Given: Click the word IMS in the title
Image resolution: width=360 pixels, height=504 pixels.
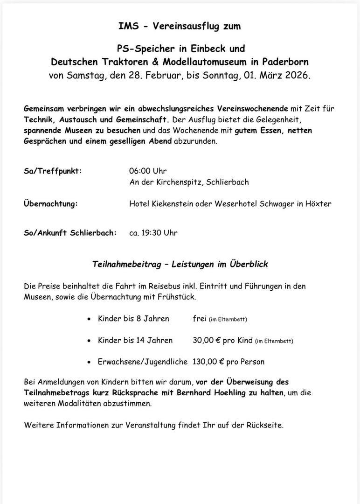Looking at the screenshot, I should click(129, 27).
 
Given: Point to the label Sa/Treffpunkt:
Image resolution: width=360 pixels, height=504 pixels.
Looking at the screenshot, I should click(53, 171).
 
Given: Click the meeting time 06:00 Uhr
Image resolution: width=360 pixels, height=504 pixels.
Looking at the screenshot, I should click(148, 171).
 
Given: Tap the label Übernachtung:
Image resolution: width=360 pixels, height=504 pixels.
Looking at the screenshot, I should click(51, 204).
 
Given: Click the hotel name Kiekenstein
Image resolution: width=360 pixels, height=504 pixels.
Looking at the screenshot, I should click(177, 204).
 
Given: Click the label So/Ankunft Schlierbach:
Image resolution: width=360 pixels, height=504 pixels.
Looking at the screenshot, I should click(70, 233).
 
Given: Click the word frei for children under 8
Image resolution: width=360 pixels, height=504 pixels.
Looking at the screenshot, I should click(200, 319).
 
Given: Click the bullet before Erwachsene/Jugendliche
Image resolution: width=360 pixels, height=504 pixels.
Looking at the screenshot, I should click(89, 362).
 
